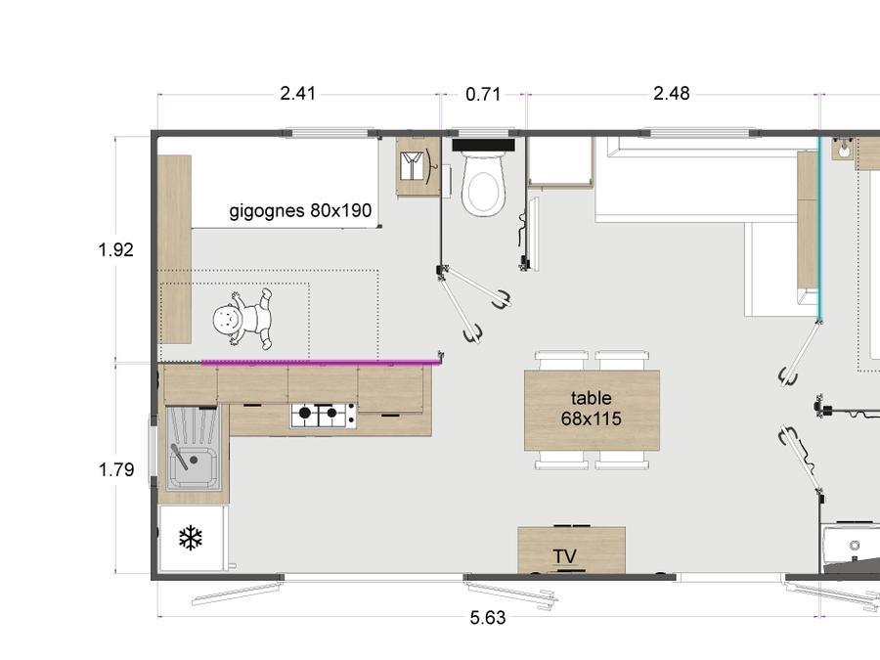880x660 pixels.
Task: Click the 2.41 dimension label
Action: tap(297, 93)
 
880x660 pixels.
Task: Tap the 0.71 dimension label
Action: tap(483, 94)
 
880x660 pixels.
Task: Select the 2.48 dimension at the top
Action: tap(671, 93)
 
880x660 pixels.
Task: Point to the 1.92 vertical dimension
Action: tap(116, 249)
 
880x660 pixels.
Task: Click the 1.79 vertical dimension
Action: tap(116, 469)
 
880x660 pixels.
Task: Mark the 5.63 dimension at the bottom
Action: tap(488, 618)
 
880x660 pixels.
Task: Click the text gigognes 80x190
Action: tap(300, 210)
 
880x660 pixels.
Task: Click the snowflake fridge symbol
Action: tap(191, 538)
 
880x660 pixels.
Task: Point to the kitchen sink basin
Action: tap(193, 467)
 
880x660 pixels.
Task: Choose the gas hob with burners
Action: tap(323, 415)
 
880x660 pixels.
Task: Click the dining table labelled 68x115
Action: tap(592, 410)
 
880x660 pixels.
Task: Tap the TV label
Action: tap(564, 556)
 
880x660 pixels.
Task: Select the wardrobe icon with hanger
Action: tap(418, 166)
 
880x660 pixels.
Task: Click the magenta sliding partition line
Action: tap(321, 362)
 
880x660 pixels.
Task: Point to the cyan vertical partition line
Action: tap(818, 229)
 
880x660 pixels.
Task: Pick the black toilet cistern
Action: tap(483, 145)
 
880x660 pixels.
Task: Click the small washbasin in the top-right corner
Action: tap(842, 149)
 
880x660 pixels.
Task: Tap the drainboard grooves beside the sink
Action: tap(194, 426)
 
